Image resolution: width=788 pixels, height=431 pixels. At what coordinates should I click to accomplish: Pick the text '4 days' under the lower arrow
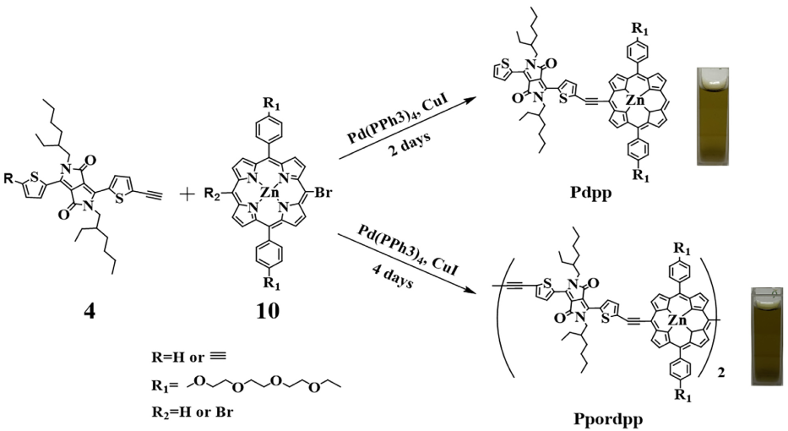point(397,278)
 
